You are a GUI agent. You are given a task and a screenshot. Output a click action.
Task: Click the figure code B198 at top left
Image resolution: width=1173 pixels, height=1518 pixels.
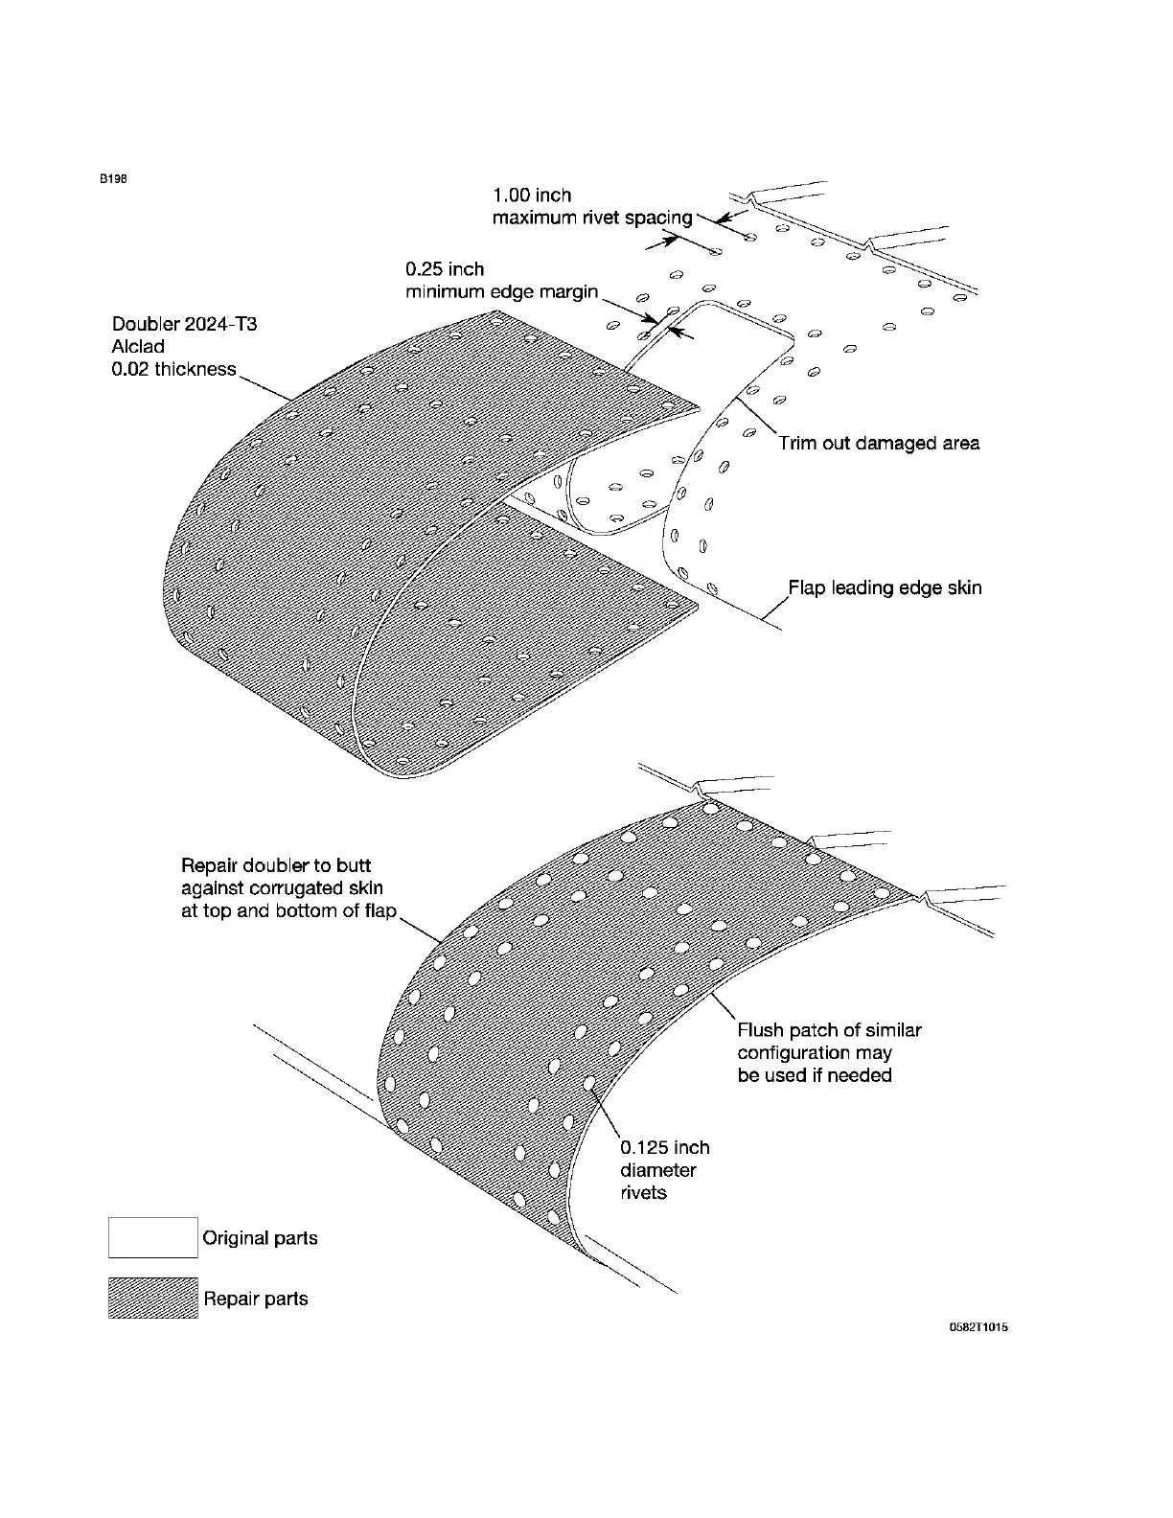[x=114, y=178]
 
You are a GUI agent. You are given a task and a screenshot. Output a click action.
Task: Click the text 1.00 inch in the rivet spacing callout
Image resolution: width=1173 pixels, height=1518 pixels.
[x=531, y=195]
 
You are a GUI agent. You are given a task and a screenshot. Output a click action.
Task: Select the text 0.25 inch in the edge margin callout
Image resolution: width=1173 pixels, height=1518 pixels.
[x=445, y=269]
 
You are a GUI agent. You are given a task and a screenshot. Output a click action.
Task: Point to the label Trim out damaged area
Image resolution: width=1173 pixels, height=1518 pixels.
[x=879, y=443]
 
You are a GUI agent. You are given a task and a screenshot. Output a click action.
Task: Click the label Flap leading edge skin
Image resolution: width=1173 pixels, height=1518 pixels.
[x=885, y=587]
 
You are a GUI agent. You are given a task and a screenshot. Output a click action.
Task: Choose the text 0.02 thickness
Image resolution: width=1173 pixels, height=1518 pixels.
[x=173, y=369]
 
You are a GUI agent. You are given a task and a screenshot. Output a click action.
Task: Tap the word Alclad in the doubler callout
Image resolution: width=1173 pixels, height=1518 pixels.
[x=138, y=347]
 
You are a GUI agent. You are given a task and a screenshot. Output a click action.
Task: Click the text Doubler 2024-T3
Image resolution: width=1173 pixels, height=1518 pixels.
[x=184, y=324]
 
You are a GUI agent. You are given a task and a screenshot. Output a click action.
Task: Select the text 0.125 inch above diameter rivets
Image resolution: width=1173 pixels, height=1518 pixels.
[x=665, y=1147]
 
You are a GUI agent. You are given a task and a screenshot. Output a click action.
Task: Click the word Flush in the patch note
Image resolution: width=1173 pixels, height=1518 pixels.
[x=761, y=1030]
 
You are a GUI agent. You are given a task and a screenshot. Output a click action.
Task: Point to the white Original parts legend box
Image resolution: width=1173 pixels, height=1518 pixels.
[x=152, y=1237]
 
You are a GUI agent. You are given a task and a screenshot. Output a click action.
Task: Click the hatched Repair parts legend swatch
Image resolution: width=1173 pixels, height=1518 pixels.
[x=152, y=1298]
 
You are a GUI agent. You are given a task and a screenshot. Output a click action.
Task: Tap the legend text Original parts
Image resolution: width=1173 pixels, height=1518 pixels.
[x=260, y=1238]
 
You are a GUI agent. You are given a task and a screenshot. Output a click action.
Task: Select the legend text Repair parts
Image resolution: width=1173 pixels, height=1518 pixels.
[x=255, y=1299]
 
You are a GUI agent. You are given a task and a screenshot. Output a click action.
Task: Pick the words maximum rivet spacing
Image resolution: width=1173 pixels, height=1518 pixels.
[x=591, y=218]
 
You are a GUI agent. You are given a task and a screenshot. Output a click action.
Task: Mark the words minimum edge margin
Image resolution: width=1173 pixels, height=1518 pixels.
[x=501, y=291]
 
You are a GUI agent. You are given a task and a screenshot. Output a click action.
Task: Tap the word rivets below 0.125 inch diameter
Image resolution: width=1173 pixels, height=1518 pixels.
[x=643, y=1193]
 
